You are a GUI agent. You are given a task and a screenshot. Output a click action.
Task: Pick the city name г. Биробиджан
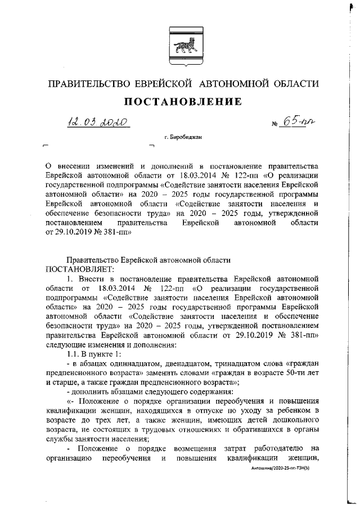(182, 137)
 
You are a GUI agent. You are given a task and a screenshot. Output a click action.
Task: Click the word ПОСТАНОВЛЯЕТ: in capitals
(70, 269)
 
